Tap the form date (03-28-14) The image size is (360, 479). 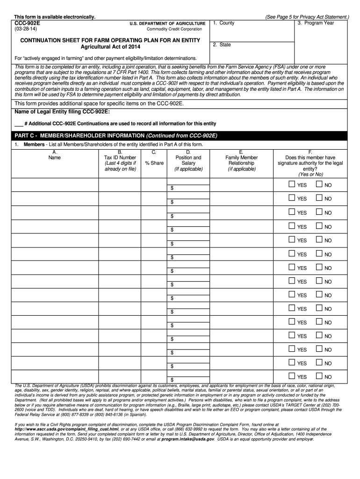(x=26, y=29)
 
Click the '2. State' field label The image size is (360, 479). (x=222, y=45)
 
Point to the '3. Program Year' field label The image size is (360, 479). (x=316, y=23)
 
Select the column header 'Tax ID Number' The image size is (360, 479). (x=120, y=158)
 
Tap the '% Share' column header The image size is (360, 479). (x=154, y=163)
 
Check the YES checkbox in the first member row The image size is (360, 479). (x=292, y=185)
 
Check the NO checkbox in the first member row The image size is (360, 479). (x=319, y=185)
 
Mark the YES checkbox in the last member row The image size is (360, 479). (x=292, y=376)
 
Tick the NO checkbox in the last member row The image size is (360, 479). (x=319, y=376)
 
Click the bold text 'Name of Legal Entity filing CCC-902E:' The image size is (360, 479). (x=63, y=112)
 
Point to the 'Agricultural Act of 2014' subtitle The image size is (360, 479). (x=110, y=47)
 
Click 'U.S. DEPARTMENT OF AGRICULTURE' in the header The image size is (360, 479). (x=167, y=23)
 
